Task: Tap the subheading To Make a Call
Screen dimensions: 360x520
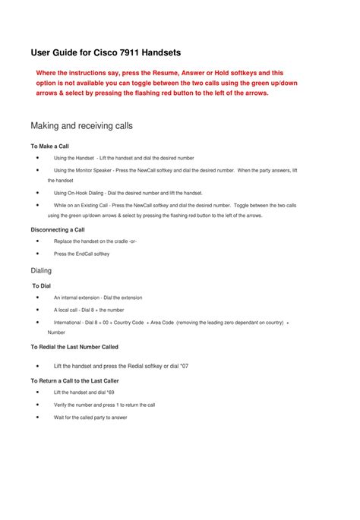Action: coord(49,145)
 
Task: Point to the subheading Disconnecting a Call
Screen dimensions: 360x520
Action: coord(57,228)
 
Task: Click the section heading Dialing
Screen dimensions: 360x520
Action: coord(41,270)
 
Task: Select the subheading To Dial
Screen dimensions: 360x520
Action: coord(42,285)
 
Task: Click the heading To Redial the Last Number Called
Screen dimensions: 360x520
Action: coord(74,346)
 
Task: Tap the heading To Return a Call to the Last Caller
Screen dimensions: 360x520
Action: coord(74,380)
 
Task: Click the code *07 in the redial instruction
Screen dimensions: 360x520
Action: coord(183,366)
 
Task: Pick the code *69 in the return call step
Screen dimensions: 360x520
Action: coord(109,392)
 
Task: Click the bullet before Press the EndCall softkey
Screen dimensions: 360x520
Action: coord(38,254)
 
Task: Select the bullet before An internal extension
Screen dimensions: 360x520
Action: coord(38,298)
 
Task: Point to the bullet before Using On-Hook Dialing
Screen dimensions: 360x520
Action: coord(38,193)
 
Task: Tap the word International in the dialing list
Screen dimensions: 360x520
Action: coord(68,323)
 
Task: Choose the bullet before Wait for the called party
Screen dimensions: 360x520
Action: coord(38,417)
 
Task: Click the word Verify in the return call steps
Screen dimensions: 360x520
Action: coord(61,405)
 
